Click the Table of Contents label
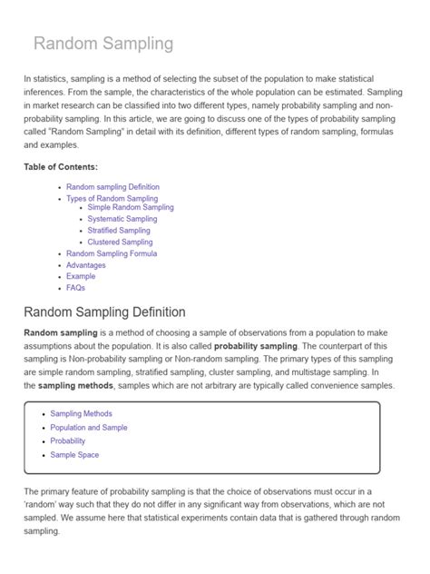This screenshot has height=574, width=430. tap(61, 167)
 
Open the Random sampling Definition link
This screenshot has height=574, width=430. tap(112, 187)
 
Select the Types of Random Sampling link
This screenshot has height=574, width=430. tap(112, 198)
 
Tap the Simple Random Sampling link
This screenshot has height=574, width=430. tap(131, 208)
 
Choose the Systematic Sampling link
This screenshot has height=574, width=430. tap(122, 219)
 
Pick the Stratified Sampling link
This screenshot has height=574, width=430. tap(120, 231)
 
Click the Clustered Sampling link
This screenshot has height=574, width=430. tap(120, 242)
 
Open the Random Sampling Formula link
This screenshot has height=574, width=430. tap(112, 253)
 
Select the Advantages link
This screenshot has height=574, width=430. tap(86, 265)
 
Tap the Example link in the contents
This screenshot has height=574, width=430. tap(81, 276)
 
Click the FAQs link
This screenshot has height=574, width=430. tap(75, 288)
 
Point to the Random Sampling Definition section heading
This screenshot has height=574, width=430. tap(105, 312)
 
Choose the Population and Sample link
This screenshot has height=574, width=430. tap(89, 427)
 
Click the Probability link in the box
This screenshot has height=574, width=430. tap(68, 440)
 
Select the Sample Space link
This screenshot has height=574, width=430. tap(74, 455)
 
